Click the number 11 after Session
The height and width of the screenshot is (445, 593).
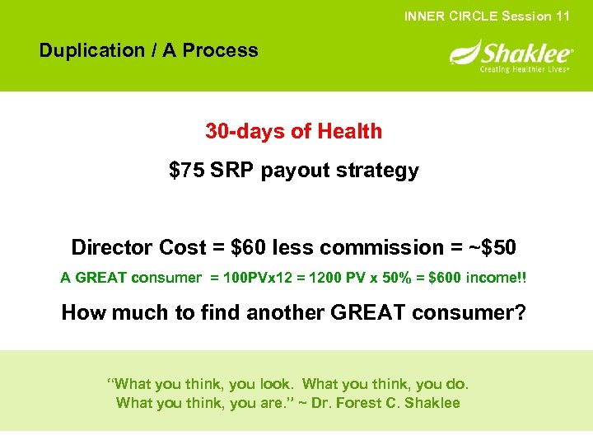tap(562, 16)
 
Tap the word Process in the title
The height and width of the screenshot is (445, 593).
tap(220, 50)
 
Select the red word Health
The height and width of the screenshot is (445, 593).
tap(349, 131)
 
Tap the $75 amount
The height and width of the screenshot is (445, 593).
tap(186, 171)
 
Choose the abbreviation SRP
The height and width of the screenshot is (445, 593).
tap(233, 171)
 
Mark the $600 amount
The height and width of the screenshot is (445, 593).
tap(439, 279)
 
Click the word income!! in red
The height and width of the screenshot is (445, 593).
tap(496, 279)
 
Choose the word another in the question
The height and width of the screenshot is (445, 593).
tap(315, 312)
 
